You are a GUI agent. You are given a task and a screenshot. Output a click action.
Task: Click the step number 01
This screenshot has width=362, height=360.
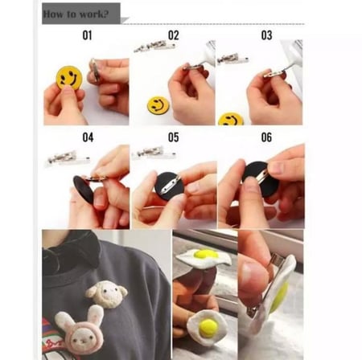click(87, 35)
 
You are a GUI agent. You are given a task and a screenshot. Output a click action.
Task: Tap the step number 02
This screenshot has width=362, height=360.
click(174, 35)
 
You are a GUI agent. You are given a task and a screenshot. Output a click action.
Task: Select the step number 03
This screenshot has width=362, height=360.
click(266, 35)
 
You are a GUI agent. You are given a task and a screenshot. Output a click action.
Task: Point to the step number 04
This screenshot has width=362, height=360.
click(88, 137)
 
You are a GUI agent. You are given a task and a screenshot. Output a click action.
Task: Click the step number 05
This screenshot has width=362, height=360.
click(174, 137)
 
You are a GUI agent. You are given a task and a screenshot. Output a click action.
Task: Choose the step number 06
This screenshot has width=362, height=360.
click(266, 137)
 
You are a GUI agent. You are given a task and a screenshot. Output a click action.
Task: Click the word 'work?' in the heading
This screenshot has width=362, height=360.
click(94, 14)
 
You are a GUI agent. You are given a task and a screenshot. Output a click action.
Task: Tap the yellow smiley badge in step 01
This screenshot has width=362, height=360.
click(69, 78)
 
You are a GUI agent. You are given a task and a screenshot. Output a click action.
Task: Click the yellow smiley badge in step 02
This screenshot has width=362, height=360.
click(158, 104)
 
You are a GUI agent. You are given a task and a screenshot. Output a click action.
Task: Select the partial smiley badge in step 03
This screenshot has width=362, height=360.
click(231, 120)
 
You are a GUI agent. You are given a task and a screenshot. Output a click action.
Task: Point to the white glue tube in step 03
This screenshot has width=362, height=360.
click(293, 55)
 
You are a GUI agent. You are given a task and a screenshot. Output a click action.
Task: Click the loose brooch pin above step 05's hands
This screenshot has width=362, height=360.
click(154, 153)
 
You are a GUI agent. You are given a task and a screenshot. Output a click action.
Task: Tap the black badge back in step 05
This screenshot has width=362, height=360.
click(169, 186)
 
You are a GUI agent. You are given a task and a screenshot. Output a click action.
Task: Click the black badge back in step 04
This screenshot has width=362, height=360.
click(84, 190)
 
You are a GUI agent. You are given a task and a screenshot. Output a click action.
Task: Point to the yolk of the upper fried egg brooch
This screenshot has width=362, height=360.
click(206, 254)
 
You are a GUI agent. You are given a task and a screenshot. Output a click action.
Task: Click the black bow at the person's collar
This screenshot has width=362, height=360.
click(71, 252)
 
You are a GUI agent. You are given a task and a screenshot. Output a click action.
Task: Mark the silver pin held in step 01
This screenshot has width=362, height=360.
click(95, 70)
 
